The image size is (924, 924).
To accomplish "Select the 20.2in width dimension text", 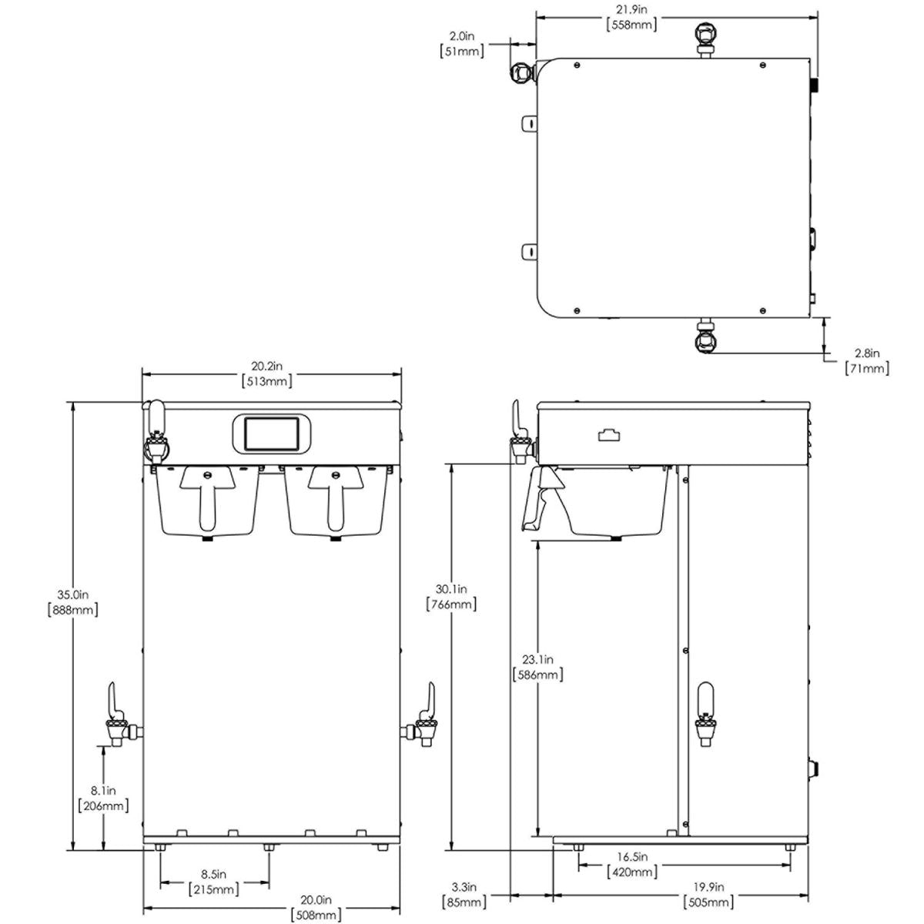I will point(268,373).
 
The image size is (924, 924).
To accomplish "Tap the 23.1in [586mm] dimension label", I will point(537,667).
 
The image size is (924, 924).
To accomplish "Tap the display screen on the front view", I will point(268,433).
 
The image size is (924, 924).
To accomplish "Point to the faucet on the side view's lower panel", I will point(705,712).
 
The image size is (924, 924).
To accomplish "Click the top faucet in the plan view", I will point(705,35).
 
